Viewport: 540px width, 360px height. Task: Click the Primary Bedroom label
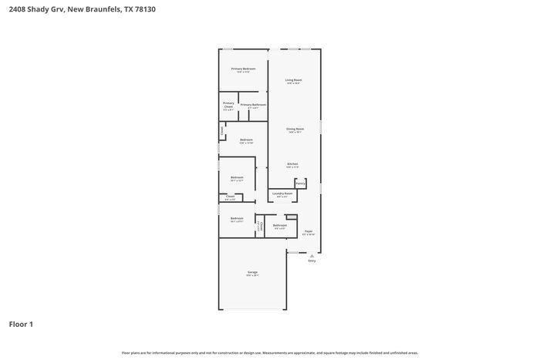[x=243, y=69]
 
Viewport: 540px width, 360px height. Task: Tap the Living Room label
[x=293, y=80]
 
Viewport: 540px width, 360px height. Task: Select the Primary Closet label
[x=228, y=104]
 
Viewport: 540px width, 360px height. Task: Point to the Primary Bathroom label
[x=253, y=105]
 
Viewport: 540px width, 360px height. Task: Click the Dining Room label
[x=295, y=129]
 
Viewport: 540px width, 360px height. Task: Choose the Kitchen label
[x=293, y=163]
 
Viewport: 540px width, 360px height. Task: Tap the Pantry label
[x=300, y=183]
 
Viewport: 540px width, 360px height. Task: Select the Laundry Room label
[x=282, y=193]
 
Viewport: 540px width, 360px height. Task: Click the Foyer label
[x=308, y=231]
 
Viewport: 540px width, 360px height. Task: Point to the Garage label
[x=252, y=273]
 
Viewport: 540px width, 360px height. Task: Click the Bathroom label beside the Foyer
[x=279, y=225]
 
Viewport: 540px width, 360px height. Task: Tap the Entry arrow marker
[x=312, y=255]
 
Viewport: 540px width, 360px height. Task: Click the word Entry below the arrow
[x=312, y=261]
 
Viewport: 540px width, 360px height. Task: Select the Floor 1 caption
[x=21, y=324]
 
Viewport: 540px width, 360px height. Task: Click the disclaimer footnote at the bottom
[x=270, y=352]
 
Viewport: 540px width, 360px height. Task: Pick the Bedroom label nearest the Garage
[x=237, y=218]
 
